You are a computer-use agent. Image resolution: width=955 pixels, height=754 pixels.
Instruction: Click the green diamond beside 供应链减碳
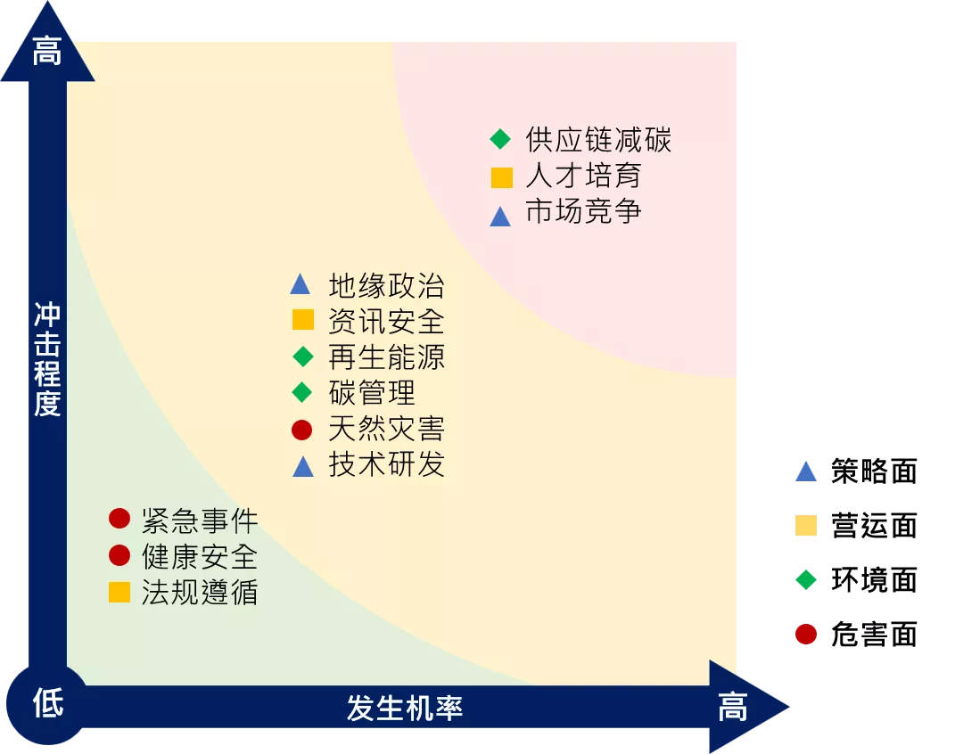tap(500, 139)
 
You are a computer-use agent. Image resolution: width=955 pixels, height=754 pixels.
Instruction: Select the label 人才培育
tap(583, 176)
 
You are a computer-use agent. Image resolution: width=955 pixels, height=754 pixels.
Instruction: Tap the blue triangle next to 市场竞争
tap(500, 216)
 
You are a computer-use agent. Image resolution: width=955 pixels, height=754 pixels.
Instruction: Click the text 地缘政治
tap(387, 285)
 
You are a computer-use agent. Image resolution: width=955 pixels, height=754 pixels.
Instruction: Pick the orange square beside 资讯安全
tap(302, 319)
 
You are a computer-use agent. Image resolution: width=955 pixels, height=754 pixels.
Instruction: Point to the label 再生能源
tap(387, 357)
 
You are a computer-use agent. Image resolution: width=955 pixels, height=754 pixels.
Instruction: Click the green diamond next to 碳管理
tap(302, 392)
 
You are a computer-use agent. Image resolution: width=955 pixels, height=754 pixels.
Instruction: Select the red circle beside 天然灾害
tap(302, 430)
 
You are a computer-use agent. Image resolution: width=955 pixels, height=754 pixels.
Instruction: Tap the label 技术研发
tap(387, 464)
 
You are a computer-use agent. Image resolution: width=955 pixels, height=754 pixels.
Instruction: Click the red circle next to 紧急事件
tap(119, 519)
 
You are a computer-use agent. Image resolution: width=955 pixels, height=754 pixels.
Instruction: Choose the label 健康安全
tap(200, 556)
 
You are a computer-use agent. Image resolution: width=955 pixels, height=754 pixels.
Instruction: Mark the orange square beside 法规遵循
tap(119, 592)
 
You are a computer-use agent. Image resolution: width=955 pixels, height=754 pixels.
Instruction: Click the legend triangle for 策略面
tap(806, 471)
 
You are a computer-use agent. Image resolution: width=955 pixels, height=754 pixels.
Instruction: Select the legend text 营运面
tap(874, 525)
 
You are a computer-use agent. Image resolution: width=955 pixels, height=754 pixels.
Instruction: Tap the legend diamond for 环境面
tap(806, 579)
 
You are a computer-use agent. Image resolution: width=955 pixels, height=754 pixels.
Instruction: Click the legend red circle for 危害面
tap(806, 634)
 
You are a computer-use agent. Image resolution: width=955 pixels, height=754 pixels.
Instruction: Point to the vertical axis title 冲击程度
tap(47, 359)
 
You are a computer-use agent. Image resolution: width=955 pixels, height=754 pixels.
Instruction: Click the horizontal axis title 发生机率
tap(405, 708)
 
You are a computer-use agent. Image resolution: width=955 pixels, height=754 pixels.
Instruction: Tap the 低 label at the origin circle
tap(47, 703)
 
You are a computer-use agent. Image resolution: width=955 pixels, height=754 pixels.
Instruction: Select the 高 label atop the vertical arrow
tap(47, 51)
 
